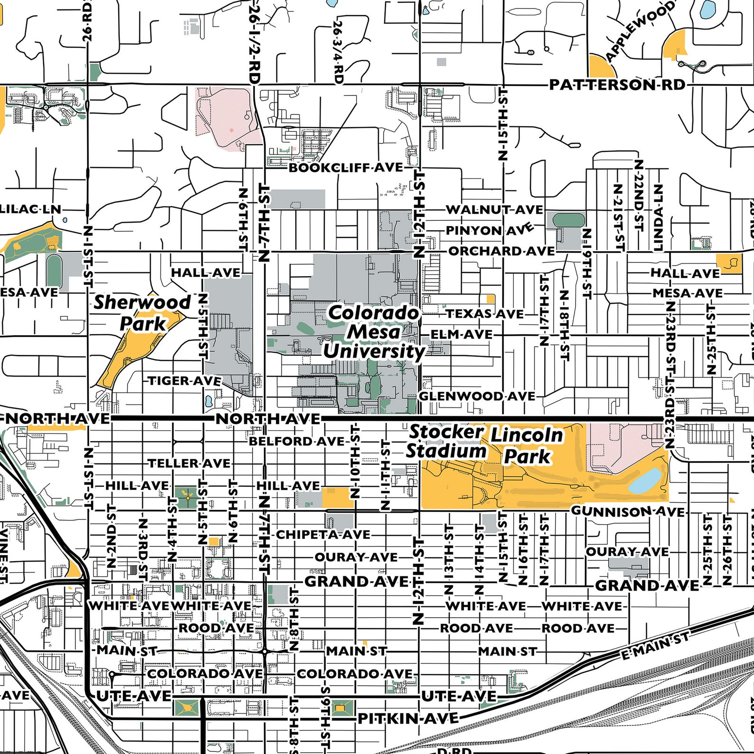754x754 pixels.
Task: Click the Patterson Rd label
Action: click(617, 85)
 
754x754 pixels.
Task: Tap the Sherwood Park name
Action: click(142, 312)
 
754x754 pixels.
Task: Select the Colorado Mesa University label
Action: click(374, 332)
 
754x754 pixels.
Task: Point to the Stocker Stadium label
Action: click(445, 441)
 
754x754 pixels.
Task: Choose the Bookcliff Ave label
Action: click(346, 168)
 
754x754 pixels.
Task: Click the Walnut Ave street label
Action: click(494, 209)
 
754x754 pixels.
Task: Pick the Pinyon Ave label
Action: click(489, 230)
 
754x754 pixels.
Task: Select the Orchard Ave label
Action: click(501, 251)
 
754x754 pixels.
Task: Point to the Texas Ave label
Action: click(485, 314)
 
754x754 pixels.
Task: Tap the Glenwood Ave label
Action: click(477, 396)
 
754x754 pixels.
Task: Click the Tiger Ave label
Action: click(185, 381)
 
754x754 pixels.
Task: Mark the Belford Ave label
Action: click(297, 441)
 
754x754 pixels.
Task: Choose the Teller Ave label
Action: click(189, 463)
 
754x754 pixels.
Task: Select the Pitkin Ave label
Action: click(408, 718)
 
